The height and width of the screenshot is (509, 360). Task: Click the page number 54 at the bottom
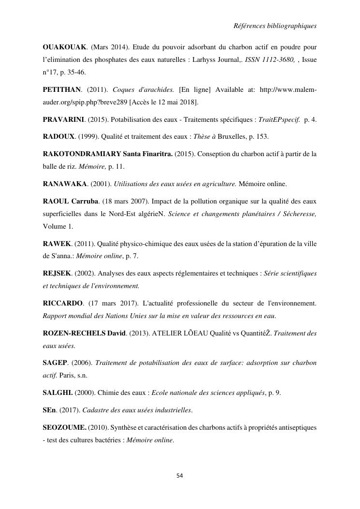click(x=180, y=476)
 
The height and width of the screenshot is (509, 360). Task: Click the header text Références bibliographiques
click(x=274, y=26)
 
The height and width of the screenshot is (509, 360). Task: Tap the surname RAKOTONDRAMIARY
click(x=82, y=154)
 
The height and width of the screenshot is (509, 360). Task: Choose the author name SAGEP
click(x=55, y=363)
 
